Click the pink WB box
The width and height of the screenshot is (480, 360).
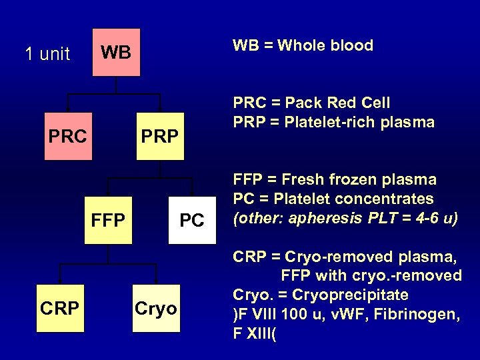click(x=116, y=53)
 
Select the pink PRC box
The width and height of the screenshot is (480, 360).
click(x=67, y=137)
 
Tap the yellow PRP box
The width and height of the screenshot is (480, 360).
click(x=159, y=137)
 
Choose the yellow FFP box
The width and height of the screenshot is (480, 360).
click(x=111, y=220)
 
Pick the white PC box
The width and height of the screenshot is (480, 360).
click(x=192, y=220)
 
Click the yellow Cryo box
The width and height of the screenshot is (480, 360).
click(x=157, y=307)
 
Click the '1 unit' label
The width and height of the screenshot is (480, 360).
click(x=47, y=54)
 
